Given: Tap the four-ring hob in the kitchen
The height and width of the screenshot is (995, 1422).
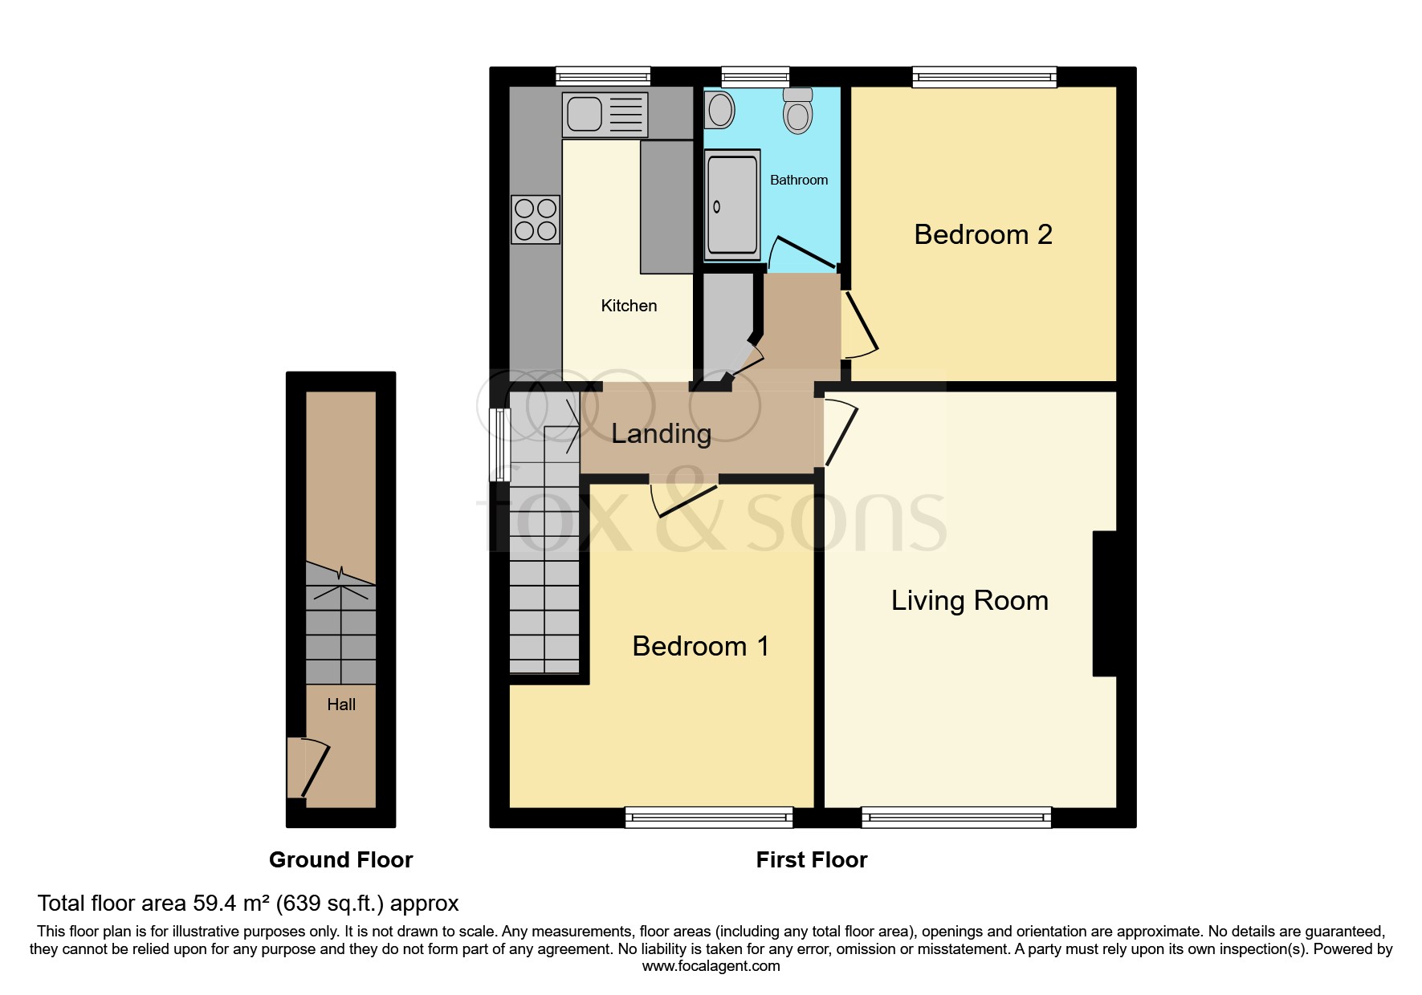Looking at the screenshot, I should (536, 219).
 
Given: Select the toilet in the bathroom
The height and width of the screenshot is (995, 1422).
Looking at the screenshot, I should (797, 111).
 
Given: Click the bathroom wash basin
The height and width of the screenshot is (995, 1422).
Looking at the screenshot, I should (720, 110).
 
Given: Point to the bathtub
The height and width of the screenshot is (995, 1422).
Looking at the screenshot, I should (731, 205).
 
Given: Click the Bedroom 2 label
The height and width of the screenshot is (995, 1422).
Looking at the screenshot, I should (983, 234).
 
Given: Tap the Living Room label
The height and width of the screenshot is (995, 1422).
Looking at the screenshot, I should (969, 600).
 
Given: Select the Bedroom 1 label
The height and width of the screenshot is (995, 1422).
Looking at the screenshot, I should (700, 646).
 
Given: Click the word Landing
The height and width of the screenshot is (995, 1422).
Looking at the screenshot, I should (661, 434).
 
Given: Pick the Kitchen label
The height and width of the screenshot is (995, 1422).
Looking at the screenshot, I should (629, 306).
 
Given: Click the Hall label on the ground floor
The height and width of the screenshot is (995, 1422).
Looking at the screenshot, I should (341, 705).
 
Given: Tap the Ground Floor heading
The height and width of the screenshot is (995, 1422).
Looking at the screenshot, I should (340, 860).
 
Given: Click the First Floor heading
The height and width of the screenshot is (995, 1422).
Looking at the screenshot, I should (811, 860).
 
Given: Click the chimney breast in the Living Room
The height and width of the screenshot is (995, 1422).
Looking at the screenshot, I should (1105, 603).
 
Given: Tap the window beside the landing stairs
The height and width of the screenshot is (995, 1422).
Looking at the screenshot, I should (499, 445).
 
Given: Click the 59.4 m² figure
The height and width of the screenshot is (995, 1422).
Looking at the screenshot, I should (230, 904).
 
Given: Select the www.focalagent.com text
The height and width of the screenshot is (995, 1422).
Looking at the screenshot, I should (711, 966).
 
